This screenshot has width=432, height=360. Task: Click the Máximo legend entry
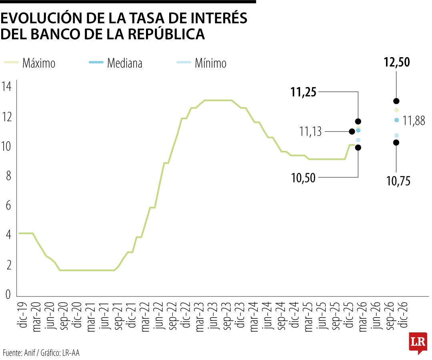[38, 63]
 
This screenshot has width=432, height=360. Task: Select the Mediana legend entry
[124, 63]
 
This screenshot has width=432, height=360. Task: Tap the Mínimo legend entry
[210, 63]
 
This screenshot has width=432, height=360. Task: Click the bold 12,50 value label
[396, 63]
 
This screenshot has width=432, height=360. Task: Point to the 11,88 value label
[414, 121]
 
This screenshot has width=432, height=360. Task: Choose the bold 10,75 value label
[398, 181]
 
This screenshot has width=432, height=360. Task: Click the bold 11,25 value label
[304, 92]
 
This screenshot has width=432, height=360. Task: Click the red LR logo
[418, 342]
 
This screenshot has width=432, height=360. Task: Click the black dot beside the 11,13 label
[352, 131]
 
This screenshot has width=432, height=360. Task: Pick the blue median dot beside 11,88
[396, 120]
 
